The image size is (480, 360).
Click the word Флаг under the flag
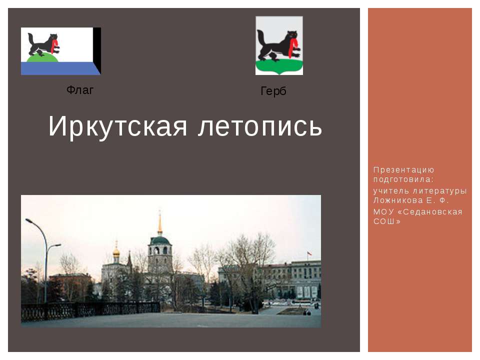[x=80, y=90]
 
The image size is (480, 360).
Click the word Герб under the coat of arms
[x=273, y=91]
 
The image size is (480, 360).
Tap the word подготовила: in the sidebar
[x=403, y=179]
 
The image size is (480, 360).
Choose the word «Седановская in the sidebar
[x=425, y=211]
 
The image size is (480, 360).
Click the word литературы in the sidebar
[x=439, y=191]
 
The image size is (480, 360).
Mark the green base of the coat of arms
[x=279, y=66]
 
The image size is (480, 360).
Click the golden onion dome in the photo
[x=116, y=251]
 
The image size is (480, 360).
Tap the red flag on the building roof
[x=309, y=254]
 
